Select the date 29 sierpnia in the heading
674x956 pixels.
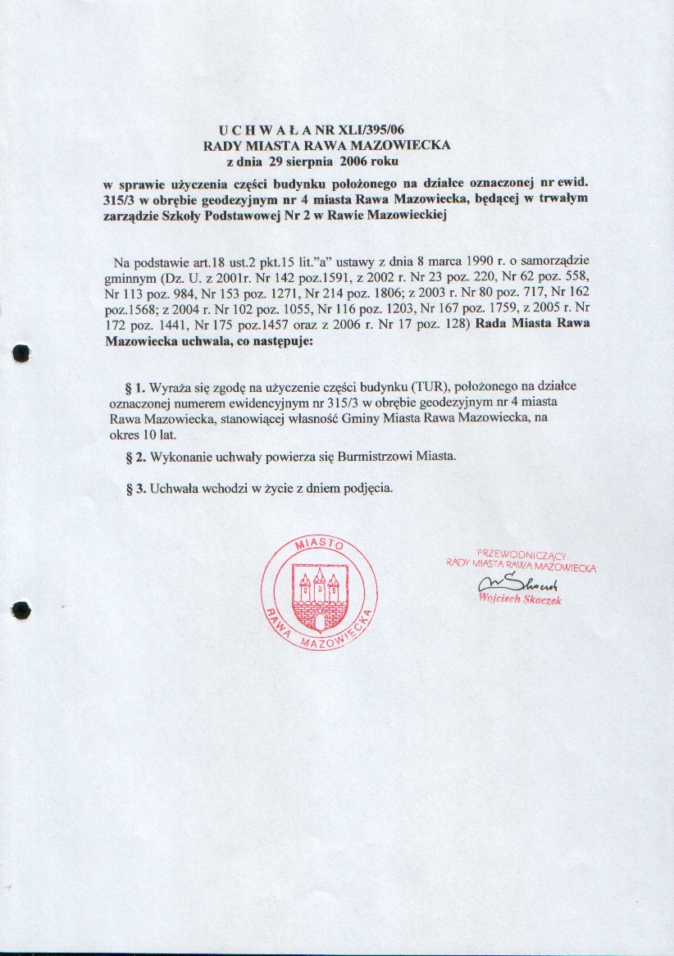(304, 160)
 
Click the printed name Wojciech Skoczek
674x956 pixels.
(520, 599)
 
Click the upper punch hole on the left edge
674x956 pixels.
(22, 353)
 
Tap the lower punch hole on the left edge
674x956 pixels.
(22, 610)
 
